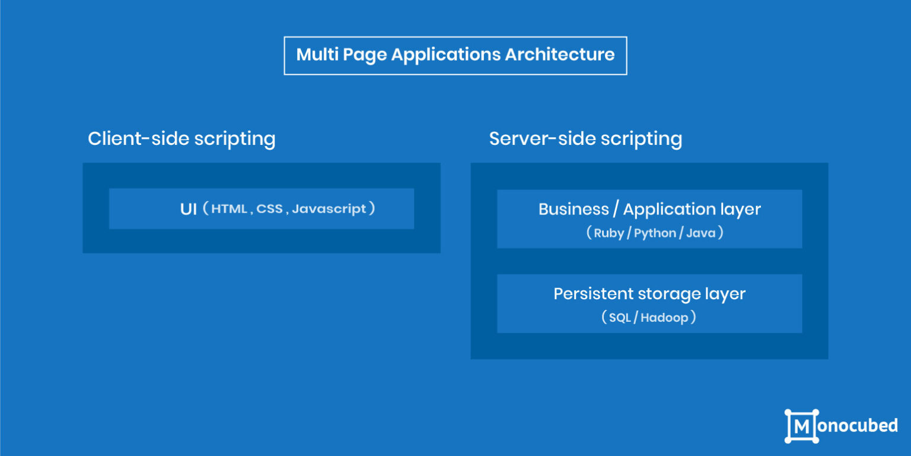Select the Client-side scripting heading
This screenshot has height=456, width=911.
[x=181, y=139]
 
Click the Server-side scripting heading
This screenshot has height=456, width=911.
[x=585, y=139]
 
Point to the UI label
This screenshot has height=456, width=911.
[x=188, y=209]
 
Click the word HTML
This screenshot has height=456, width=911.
[x=229, y=209]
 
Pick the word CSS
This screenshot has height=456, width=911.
[x=269, y=209]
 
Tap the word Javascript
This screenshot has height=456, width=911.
[x=329, y=209]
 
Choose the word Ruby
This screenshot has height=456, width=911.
[x=609, y=233]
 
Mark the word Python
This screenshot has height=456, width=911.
[x=655, y=233]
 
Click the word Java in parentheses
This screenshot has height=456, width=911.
[x=700, y=233]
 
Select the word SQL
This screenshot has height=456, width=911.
[x=620, y=318]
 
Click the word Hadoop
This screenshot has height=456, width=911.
[x=664, y=318]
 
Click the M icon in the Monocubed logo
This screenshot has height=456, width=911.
[x=802, y=426]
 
